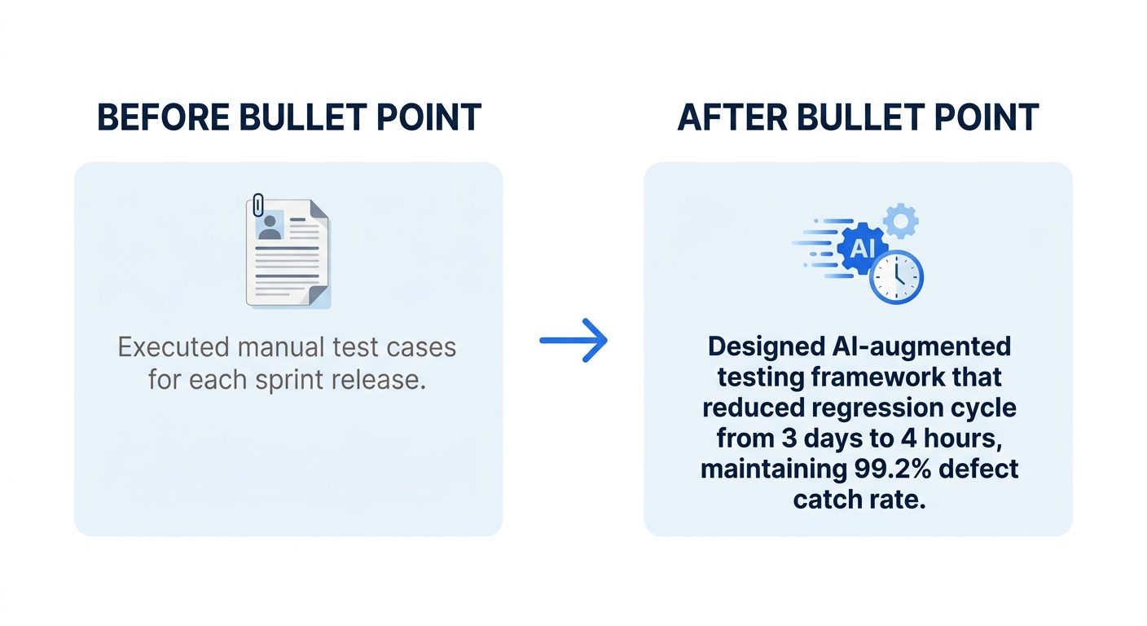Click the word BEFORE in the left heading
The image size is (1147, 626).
click(x=163, y=118)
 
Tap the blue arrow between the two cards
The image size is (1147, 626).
click(x=573, y=339)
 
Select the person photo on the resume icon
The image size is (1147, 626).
click(x=269, y=226)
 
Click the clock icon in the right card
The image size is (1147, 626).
click(x=896, y=276)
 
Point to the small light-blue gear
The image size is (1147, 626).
click(x=900, y=220)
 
